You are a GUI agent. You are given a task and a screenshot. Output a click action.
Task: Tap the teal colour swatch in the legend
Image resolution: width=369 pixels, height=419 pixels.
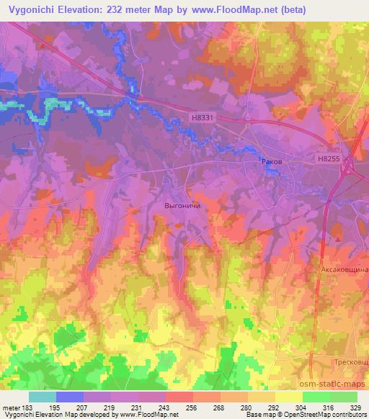click(x=43, y=397)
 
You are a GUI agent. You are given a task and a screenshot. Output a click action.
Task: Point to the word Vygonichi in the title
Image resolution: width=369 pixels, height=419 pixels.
click(x=30, y=10)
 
